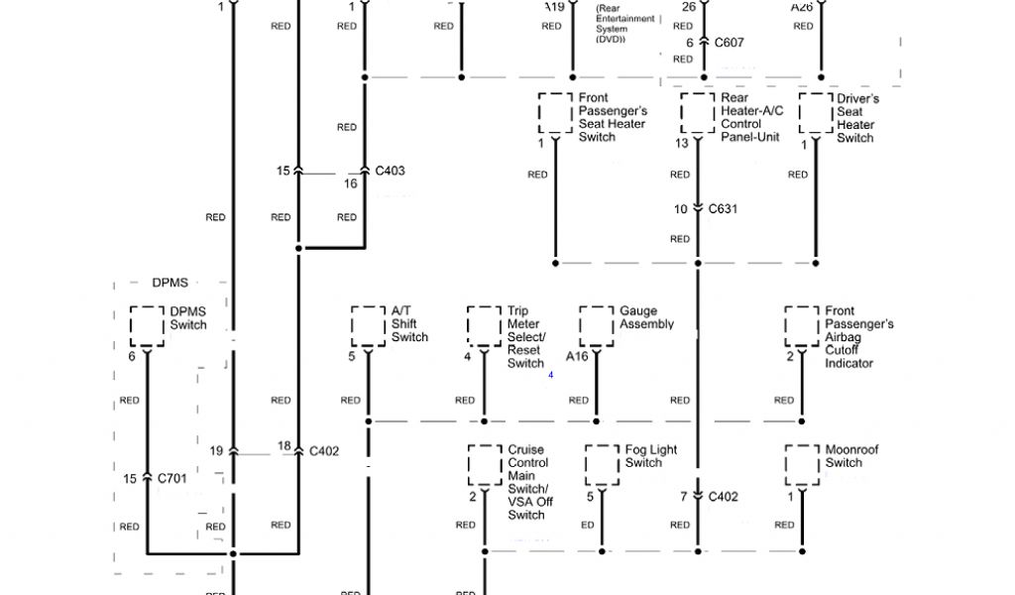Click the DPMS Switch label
click(188, 318)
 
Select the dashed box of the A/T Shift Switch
click(368, 325)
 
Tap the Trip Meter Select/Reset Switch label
click(526, 337)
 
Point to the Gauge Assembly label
click(646, 317)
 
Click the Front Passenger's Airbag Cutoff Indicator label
click(859, 337)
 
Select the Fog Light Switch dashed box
click(602, 463)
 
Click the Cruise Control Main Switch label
click(528, 482)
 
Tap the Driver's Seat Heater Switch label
click(857, 118)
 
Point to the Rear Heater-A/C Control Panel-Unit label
click(751, 118)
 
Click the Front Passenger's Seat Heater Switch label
click(613, 118)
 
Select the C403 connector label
click(390, 171)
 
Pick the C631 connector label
click(723, 209)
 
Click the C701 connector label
click(172, 479)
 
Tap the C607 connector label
click(729, 43)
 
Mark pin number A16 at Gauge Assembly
click(577, 356)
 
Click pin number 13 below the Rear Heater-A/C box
click(683, 144)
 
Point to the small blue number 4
click(550, 374)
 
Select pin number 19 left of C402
click(216, 451)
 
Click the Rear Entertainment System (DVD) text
click(625, 24)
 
